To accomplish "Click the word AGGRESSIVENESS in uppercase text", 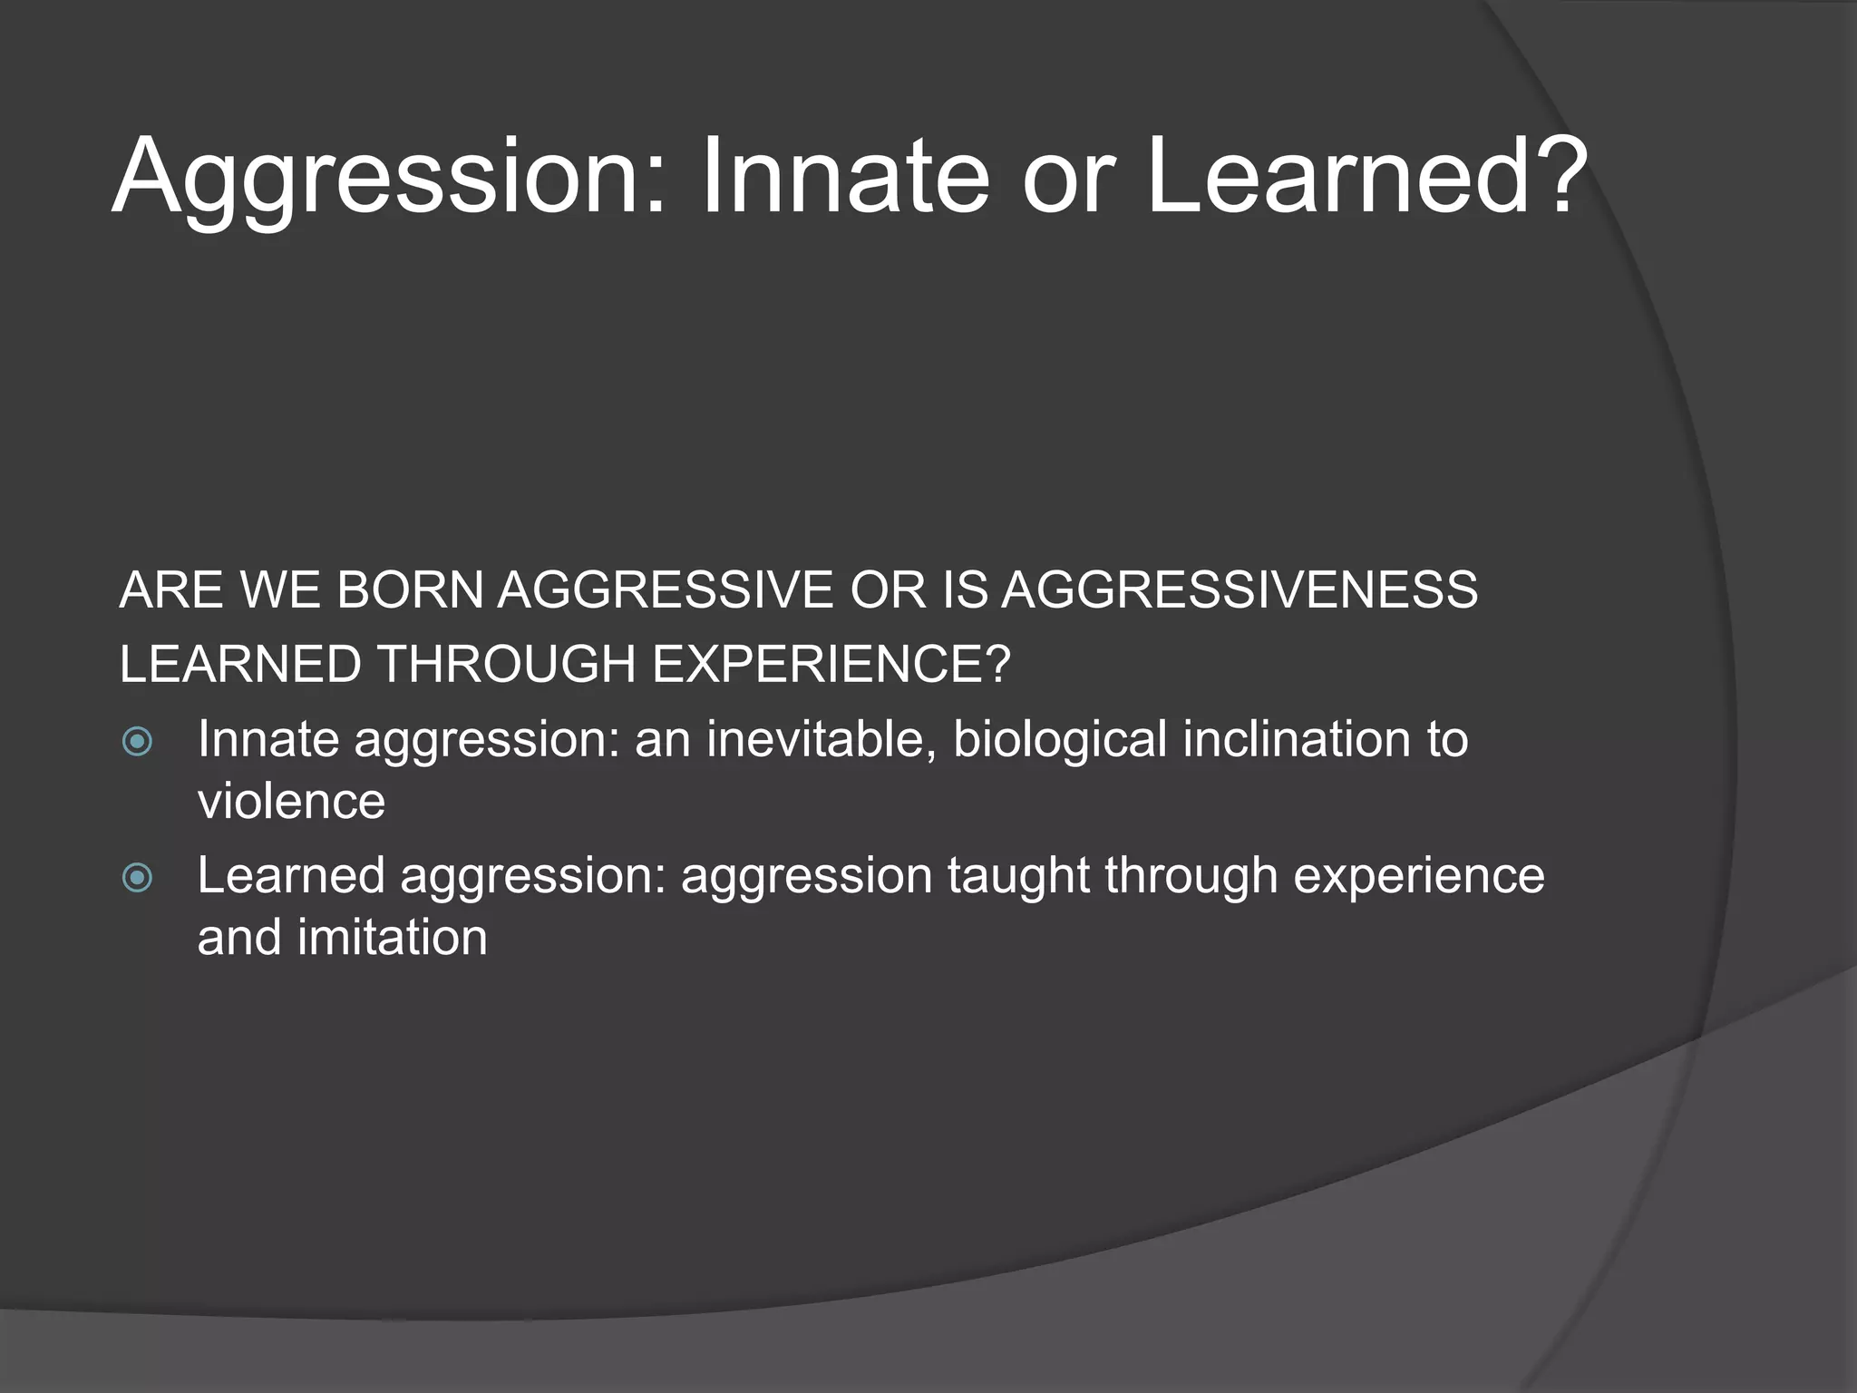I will tap(1240, 590).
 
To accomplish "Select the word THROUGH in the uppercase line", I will tap(506, 664).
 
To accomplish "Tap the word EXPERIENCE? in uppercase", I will tap(831, 664).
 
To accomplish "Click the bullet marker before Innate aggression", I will tap(137, 742).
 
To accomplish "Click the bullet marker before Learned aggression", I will tap(137, 877).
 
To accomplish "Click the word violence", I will tap(291, 802).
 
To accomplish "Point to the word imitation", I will tap(392, 938).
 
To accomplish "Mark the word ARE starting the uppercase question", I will tap(170, 590).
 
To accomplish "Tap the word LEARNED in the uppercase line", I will tap(240, 664).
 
